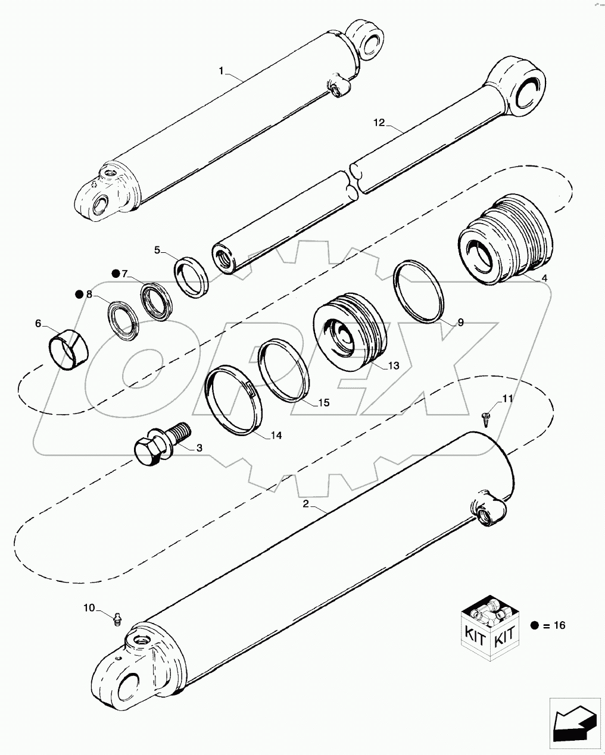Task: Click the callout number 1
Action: tap(221, 71)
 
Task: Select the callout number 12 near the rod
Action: tap(380, 123)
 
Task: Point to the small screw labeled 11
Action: tap(486, 417)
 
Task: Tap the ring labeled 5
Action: tap(191, 274)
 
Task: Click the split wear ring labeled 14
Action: tap(234, 400)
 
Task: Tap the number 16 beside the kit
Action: tap(559, 625)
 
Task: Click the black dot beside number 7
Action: tap(116, 274)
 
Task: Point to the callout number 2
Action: tap(305, 504)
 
